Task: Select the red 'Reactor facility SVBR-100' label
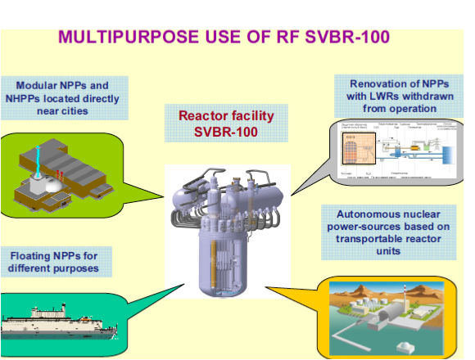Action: pyautogui.click(x=225, y=124)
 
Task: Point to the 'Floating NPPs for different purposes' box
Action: pyautogui.click(x=56, y=261)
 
